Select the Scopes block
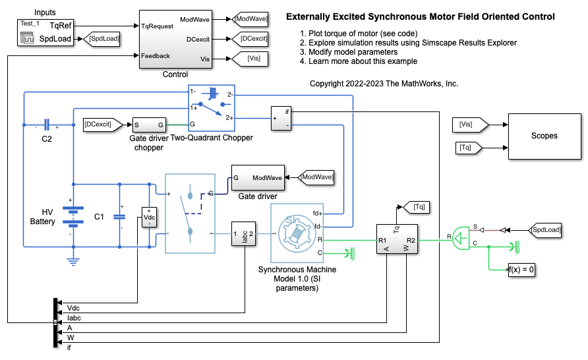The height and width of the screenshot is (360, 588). [x=544, y=136]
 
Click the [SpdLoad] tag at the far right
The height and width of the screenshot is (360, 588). [x=546, y=229]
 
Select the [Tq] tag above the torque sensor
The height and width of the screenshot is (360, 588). [x=418, y=207]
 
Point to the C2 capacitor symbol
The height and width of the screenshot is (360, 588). [x=47, y=124]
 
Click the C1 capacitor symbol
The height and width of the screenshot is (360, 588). [x=119, y=215]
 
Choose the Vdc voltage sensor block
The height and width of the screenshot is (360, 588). [x=150, y=218]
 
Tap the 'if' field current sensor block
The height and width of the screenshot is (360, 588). [x=282, y=118]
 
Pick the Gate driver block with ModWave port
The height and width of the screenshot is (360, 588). [x=258, y=178]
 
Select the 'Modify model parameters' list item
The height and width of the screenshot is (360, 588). [x=353, y=52]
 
